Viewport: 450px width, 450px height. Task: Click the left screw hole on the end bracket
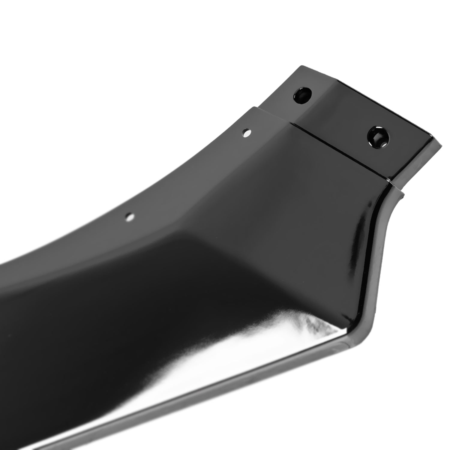[303, 99]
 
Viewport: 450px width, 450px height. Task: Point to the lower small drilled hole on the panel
[130, 216]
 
